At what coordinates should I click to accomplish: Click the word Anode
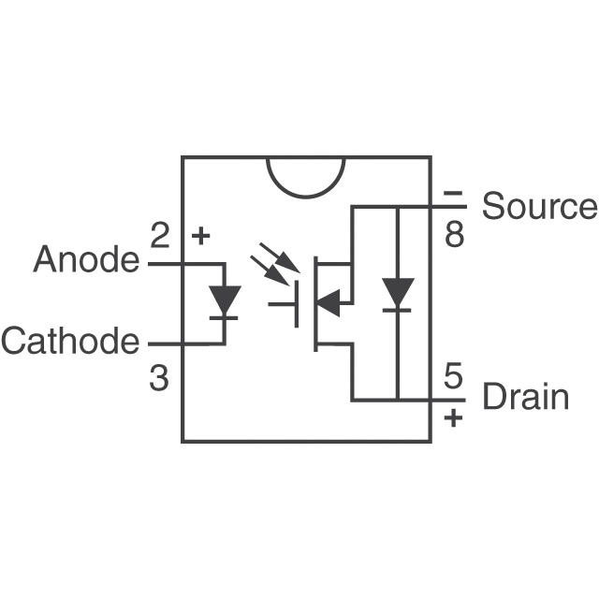coord(85,259)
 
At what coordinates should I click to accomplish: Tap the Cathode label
coord(70,342)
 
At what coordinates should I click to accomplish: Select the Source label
coord(538,207)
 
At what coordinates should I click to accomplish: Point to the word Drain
coord(524,397)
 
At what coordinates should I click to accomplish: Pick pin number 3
coord(159,378)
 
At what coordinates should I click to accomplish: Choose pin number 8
coord(454,234)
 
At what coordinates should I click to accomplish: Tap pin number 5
coord(453,378)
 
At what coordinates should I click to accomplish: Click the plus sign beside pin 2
coord(199,236)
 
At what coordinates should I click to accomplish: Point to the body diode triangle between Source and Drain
coord(399,294)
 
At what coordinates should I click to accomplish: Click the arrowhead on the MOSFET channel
coord(329,302)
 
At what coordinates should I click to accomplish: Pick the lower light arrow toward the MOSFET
coord(269,272)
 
